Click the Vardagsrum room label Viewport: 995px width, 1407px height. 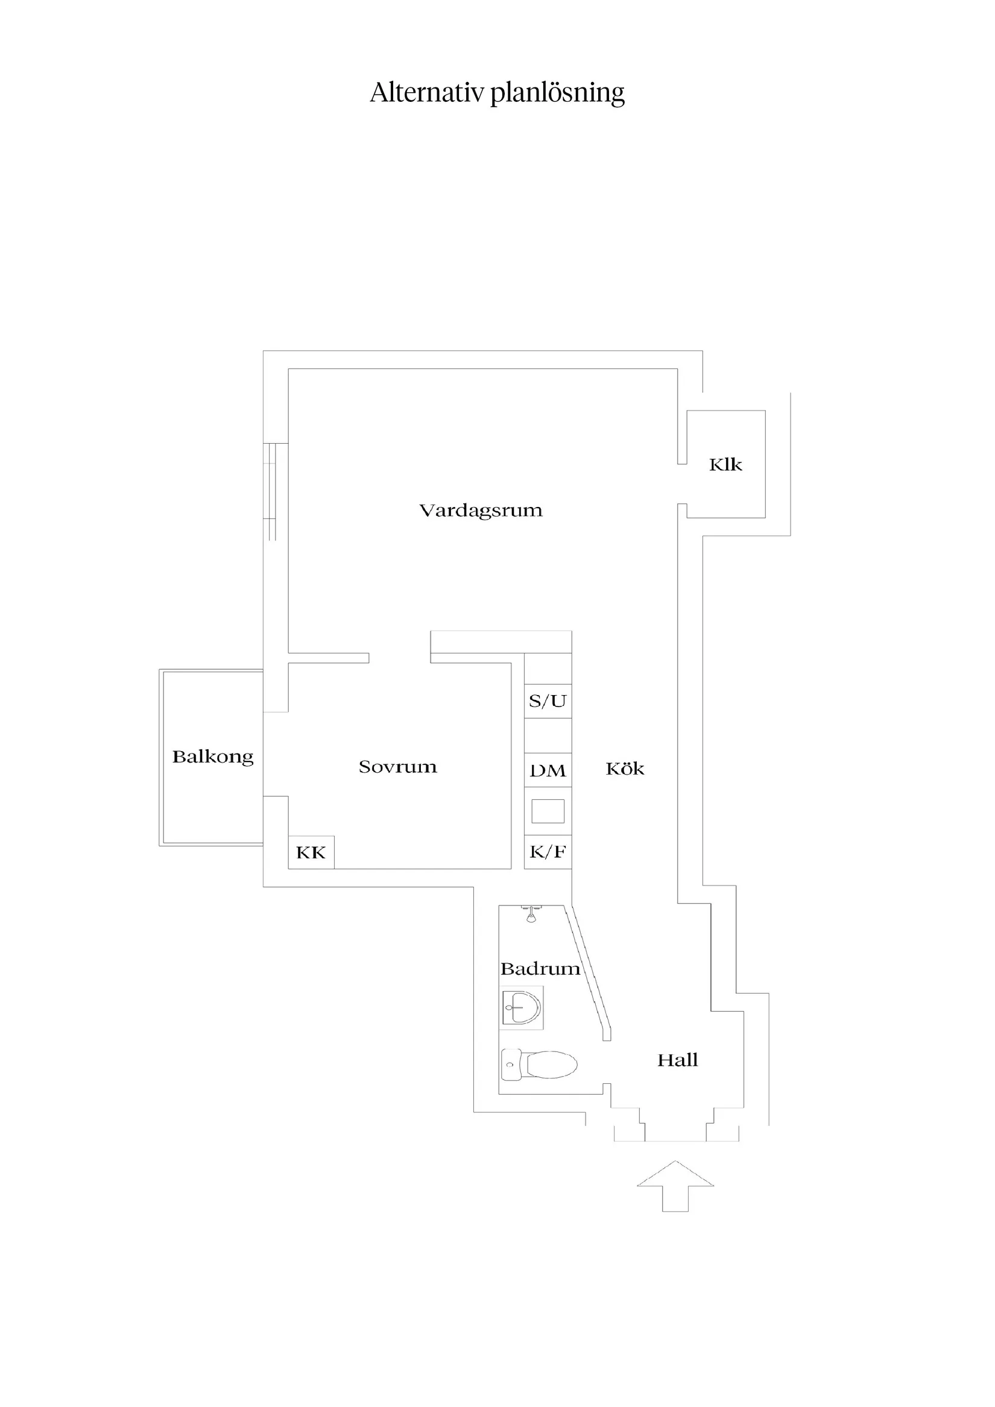(481, 511)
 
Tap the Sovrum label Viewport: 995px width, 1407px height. (398, 767)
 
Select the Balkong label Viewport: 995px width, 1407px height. (213, 757)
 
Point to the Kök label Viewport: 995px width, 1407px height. (625, 769)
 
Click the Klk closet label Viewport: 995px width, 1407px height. (725, 465)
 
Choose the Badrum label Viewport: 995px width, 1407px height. (540, 969)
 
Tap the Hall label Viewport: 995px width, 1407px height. (677, 1060)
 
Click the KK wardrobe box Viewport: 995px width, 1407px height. (311, 852)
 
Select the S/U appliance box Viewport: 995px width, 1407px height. (548, 700)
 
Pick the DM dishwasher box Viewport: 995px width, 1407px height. (548, 770)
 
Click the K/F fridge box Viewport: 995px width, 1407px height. (548, 852)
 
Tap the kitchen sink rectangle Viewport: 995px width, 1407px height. (548, 811)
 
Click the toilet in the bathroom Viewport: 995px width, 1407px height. (540, 1065)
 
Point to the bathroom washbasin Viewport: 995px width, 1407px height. (522, 1007)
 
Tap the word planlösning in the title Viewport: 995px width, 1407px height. (557, 94)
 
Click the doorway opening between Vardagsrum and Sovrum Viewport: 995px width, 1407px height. (400, 658)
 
